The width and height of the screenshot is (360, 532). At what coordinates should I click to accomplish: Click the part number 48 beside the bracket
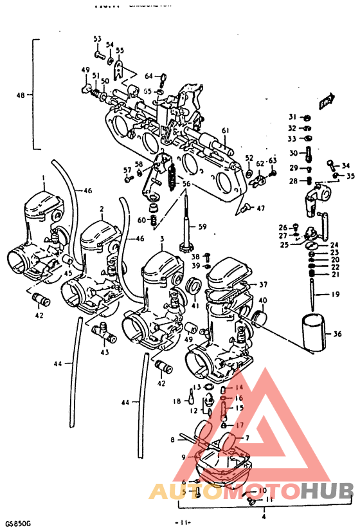tap(21, 95)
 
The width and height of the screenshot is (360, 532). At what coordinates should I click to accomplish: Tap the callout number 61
tap(226, 131)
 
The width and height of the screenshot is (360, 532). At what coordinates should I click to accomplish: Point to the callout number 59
tap(202, 226)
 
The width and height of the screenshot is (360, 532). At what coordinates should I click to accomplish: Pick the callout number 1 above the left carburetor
tap(43, 177)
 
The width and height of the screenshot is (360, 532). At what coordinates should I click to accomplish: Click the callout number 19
tap(335, 295)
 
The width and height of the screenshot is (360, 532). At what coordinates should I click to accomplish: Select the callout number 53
tap(98, 40)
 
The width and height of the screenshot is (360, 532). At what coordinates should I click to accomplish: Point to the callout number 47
tap(260, 208)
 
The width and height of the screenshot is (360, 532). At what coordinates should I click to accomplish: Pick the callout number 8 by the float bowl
tap(172, 440)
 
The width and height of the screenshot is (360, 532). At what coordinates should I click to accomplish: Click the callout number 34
tap(345, 166)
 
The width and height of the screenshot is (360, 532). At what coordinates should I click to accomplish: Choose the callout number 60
tap(142, 221)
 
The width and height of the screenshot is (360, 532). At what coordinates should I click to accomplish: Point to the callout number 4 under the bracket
tap(264, 516)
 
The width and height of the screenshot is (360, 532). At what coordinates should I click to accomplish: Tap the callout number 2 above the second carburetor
tap(101, 209)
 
